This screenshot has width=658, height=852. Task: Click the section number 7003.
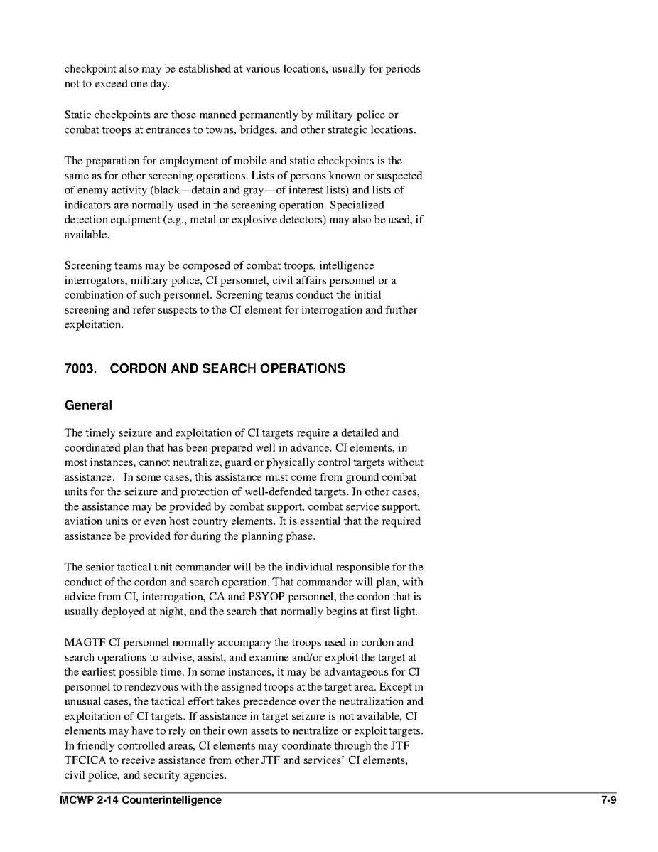80,368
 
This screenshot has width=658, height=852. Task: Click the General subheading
88,405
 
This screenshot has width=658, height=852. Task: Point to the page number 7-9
608,800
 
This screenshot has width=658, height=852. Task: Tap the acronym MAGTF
82,643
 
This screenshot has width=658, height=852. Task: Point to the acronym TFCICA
85,761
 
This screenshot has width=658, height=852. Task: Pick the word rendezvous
150,687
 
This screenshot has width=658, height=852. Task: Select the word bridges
299,130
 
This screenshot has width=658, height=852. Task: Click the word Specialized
357,205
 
